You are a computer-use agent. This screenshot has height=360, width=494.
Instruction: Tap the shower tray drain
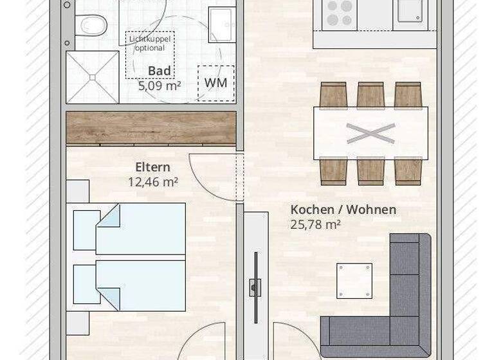click(93, 76)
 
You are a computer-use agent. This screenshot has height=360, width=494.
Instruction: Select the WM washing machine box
click(216, 83)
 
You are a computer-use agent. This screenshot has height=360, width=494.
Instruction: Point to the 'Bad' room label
click(159, 71)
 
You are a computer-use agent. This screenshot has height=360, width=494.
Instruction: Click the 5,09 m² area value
click(159, 84)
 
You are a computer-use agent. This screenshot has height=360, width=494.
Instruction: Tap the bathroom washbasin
click(222, 24)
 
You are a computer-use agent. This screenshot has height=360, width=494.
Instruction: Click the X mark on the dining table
click(370, 133)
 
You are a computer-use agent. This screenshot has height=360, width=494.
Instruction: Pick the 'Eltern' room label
click(152, 168)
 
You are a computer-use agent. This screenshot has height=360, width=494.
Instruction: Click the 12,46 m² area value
click(152, 182)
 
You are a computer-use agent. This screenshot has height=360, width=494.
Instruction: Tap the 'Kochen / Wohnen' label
click(343, 210)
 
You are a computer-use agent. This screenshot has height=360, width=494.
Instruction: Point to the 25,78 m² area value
click(315, 224)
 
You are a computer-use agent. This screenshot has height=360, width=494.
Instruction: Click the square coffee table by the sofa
click(354, 281)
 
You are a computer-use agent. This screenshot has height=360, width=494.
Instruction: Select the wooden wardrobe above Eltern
click(151, 128)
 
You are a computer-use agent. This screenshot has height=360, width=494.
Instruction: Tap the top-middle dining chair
click(370, 95)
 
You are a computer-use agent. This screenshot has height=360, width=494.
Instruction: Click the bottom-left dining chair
click(333, 170)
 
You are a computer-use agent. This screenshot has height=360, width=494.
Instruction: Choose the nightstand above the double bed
click(78, 192)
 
